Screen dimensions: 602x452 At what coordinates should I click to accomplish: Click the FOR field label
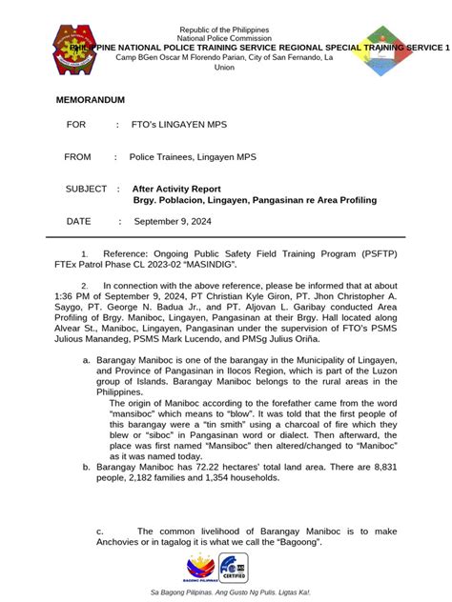[76, 125]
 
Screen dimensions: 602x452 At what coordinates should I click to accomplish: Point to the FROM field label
[78, 157]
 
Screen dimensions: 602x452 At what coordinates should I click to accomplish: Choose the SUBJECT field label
[86, 190]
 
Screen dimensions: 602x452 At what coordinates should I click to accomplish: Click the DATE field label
[78, 221]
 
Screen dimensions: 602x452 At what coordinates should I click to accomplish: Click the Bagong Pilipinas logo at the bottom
[200, 569]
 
